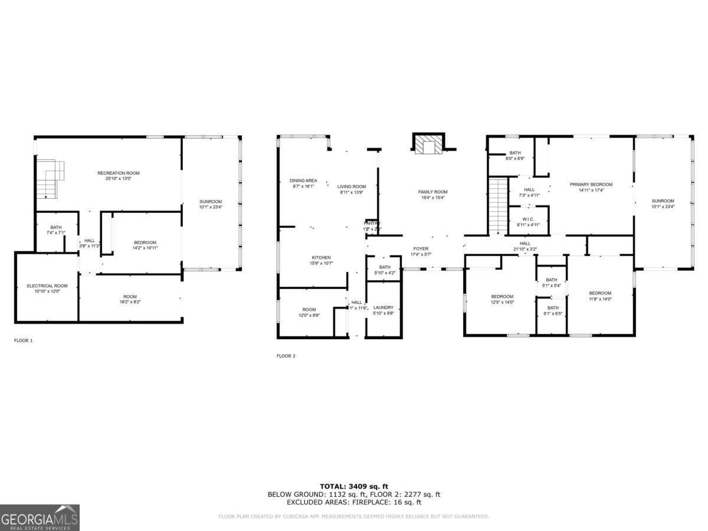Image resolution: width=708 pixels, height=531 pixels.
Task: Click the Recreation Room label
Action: [119, 173]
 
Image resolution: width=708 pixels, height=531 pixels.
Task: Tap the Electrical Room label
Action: [47, 286]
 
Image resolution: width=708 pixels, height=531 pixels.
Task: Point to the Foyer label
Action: [420, 249]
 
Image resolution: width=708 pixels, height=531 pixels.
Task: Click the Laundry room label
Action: [383, 307]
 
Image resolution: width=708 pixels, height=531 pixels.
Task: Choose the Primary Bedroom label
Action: [591, 185]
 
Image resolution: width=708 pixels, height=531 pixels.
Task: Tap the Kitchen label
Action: [321, 257]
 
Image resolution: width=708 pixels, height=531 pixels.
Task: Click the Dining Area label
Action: [303, 181]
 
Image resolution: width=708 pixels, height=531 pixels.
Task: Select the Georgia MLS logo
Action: [40, 517]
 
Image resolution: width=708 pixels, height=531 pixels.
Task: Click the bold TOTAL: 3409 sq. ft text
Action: [354, 486]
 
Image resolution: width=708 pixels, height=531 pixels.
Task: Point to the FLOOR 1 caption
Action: [24, 340]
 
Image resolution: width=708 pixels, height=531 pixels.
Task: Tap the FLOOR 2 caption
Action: [286, 356]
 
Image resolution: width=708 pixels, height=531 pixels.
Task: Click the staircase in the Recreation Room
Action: [49, 178]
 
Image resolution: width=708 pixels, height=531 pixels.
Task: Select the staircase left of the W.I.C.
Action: [498, 205]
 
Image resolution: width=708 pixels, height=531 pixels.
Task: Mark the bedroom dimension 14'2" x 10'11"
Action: [145, 248]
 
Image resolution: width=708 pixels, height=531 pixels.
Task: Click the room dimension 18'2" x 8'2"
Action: [130, 301]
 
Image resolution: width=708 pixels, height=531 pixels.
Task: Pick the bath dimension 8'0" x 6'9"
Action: [515, 159]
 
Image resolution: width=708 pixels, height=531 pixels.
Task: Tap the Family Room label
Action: [432, 192]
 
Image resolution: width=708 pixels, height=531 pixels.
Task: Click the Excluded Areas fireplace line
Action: [354, 503]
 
